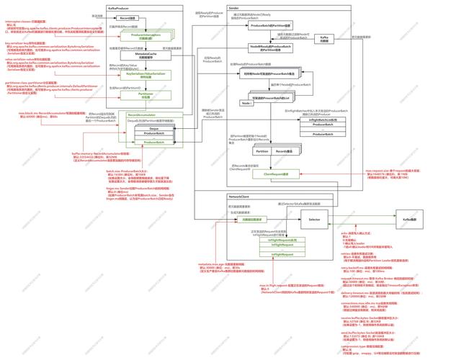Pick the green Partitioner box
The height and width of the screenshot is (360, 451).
[146, 94]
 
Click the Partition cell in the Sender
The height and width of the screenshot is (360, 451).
[264, 152]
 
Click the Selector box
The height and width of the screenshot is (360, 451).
[314, 219]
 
